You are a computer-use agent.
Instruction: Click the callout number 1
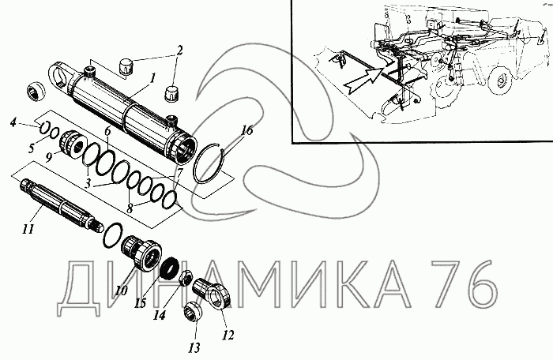tap(152, 79)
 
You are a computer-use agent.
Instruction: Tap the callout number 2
tap(179, 51)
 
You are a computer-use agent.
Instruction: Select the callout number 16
tap(246, 130)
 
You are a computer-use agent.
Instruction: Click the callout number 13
tap(194, 347)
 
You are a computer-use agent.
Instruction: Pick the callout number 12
tap(228, 335)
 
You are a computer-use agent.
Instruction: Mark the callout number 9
tap(49, 156)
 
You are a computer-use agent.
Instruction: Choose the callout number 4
tap(13, 122)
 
